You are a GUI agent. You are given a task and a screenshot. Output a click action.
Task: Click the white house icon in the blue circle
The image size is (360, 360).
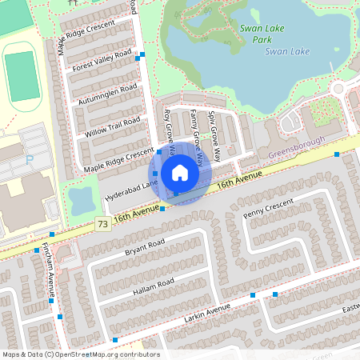pyautogui.click(x=180, y=173)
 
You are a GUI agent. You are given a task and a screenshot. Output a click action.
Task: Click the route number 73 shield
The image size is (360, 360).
pyautogui.click(x=102, y=224)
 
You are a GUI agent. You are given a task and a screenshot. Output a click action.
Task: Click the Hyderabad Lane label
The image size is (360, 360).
pyautogui.click(x=128, y=191)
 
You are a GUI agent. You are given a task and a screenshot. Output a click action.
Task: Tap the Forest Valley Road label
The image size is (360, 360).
pyautogui.click(x=102, y=62)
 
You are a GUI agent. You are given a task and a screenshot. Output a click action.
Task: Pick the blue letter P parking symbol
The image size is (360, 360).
pyautogui.click(x=30, y=160)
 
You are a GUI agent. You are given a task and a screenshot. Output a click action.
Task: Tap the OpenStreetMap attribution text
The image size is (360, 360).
pyautogui.click(x=80, y=354)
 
